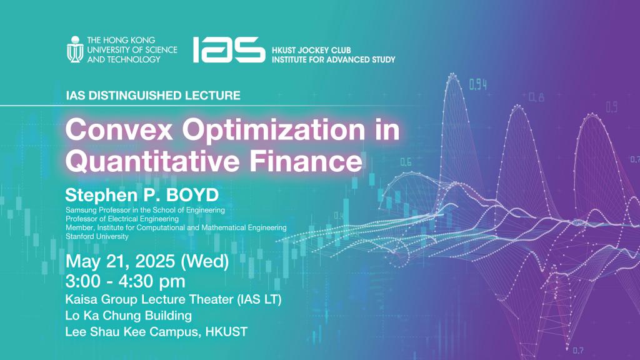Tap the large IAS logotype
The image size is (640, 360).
click(228, 49)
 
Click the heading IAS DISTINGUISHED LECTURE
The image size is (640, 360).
click(152, 96)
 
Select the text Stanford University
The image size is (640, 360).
click(97, 237)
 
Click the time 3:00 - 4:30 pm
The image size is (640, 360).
click(125, 282)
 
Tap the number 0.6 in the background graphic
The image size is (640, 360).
click(406, 162)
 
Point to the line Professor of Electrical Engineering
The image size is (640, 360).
click(122, 219)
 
